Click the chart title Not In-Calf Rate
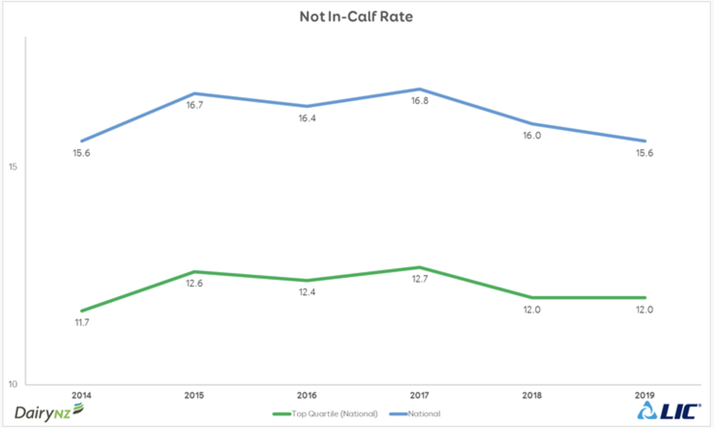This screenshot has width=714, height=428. [x=356, y=16]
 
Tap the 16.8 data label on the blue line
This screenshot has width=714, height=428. [x=419, y=101]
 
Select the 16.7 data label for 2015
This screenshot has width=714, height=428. [x=195, y=105]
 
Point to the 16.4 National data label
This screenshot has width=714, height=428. [x=307, y=118]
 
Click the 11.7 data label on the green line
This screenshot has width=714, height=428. [x=82, y=323]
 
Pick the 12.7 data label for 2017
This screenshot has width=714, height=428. [x=419, y=279]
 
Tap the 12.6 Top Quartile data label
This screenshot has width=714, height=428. [x=195, y=284]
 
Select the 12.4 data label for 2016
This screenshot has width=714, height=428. [x=307, y=292]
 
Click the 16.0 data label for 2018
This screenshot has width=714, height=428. [x=532, y=135]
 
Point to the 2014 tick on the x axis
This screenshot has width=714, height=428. [x=82, y=395]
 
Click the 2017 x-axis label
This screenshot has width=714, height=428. [x=419, y=395]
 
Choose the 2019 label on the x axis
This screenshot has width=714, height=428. [x=645, y=395]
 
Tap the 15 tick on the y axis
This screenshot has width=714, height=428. [x=13, y=167]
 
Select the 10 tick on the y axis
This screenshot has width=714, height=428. [x=13, y=384]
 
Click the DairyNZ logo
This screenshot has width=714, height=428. [x=49, y=412]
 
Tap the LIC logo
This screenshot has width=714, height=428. [x=668, y=411]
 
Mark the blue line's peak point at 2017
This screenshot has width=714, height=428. [x=419, y=89]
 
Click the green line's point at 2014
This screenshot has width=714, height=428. [x=82, y=311]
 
